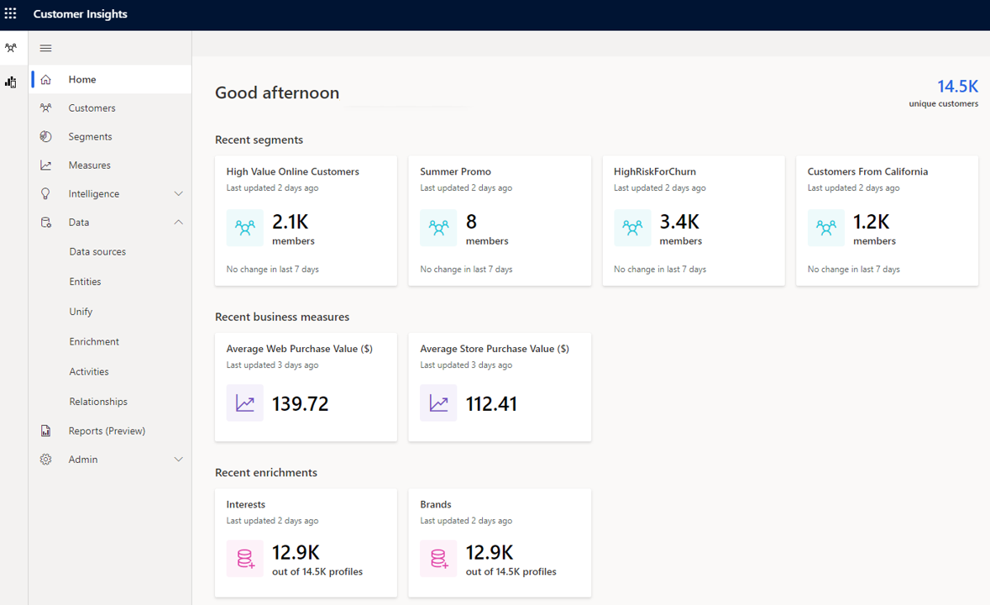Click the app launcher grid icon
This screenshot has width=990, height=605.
(11, 13)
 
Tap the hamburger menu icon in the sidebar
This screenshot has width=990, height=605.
(46, 49)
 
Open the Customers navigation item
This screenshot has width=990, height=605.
(92, 108)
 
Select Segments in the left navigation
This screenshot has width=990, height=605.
(90, 137)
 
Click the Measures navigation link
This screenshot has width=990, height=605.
(89, 166)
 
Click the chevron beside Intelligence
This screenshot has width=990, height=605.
(178, 194)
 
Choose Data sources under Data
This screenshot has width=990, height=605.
(97, 252)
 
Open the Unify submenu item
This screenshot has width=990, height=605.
(81, 312)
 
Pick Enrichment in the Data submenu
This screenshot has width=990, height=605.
(94, 342)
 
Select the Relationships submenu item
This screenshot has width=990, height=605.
(98, 402)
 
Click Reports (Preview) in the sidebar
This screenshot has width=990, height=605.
(107, 431)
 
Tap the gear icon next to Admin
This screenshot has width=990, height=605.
(46, 460)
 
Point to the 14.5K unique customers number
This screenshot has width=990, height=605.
(957, 87)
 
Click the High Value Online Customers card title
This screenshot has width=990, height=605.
(292, 172)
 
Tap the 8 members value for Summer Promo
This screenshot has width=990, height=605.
(471, 223)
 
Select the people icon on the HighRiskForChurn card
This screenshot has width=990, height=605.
(632, 228)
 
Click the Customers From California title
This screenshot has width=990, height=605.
(867, 172)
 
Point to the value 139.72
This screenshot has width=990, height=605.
(301, 404)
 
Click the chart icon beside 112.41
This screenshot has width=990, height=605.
(438, 403)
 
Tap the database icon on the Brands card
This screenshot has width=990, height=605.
(438, 559)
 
